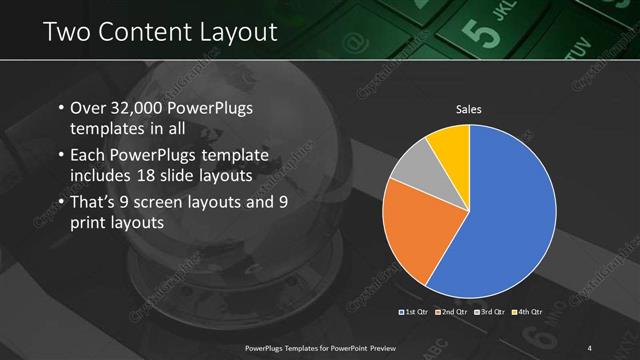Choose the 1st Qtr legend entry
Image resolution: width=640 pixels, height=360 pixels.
414,313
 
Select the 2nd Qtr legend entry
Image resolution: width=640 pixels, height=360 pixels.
452,313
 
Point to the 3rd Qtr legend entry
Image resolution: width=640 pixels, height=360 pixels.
490,313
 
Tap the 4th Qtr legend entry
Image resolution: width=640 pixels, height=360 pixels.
527,313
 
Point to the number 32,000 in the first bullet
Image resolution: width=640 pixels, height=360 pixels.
138,108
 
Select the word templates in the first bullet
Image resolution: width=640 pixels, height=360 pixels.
107,129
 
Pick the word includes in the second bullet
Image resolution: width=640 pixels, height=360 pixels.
103,177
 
